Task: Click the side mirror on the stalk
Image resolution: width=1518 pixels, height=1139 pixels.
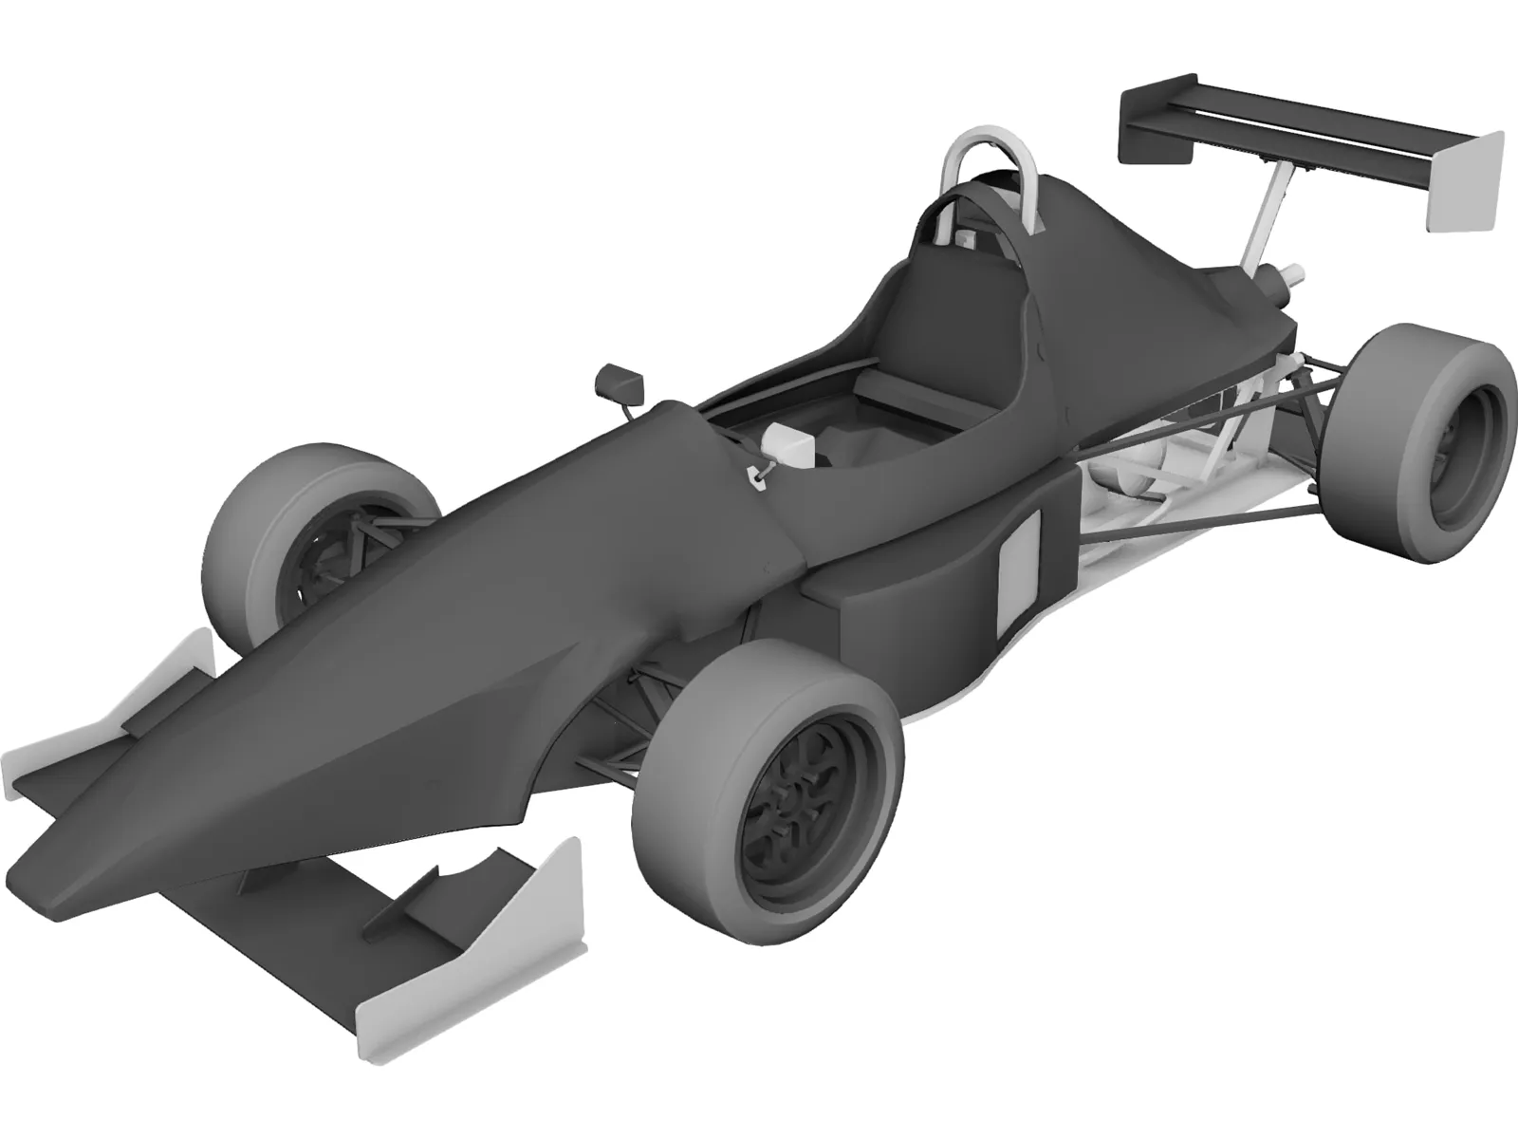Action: pos(619,382)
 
